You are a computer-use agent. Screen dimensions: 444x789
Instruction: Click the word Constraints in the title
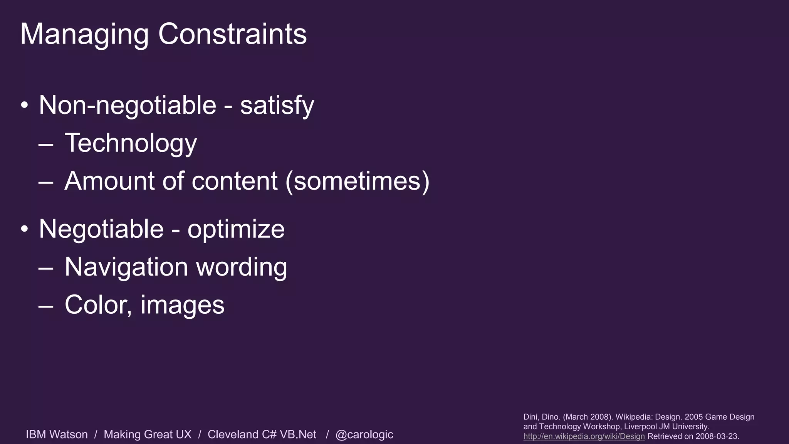tap(232, 34)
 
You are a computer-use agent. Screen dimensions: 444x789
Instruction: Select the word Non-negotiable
tap(128, 105)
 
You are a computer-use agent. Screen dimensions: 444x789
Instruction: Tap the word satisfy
tap(277, 105)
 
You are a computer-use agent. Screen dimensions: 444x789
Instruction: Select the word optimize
tap(236, 229)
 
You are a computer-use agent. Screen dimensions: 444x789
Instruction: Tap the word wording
tap(242, 267)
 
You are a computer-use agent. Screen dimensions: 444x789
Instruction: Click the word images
tap(182, 305)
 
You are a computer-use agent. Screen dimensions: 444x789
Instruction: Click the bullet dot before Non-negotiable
tap(25, 105)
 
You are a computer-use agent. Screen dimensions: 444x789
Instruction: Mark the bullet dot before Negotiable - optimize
tap(25, 229)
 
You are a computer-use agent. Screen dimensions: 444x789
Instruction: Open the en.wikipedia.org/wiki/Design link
tap(584, 436)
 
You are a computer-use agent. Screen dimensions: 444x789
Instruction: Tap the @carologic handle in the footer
tap(364, 434)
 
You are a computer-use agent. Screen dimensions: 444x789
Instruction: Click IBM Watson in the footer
tap(57, 434)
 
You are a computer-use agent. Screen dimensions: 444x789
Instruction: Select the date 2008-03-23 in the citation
tap(717, 436)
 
